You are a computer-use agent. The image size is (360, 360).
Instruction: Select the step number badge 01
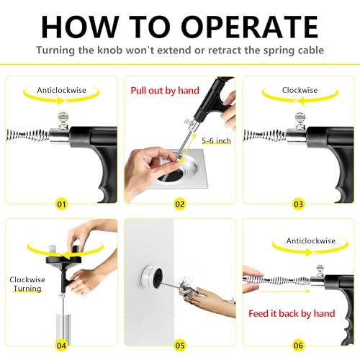[60, 204]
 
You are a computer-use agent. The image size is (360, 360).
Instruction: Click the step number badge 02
[181, 204]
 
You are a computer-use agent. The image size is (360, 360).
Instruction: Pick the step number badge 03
[300, 204]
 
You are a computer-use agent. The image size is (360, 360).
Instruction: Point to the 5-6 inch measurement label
[216, 140]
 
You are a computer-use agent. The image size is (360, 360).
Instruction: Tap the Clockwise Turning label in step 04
[27, 283]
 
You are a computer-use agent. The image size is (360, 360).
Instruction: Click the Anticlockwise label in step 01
[61, 91]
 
